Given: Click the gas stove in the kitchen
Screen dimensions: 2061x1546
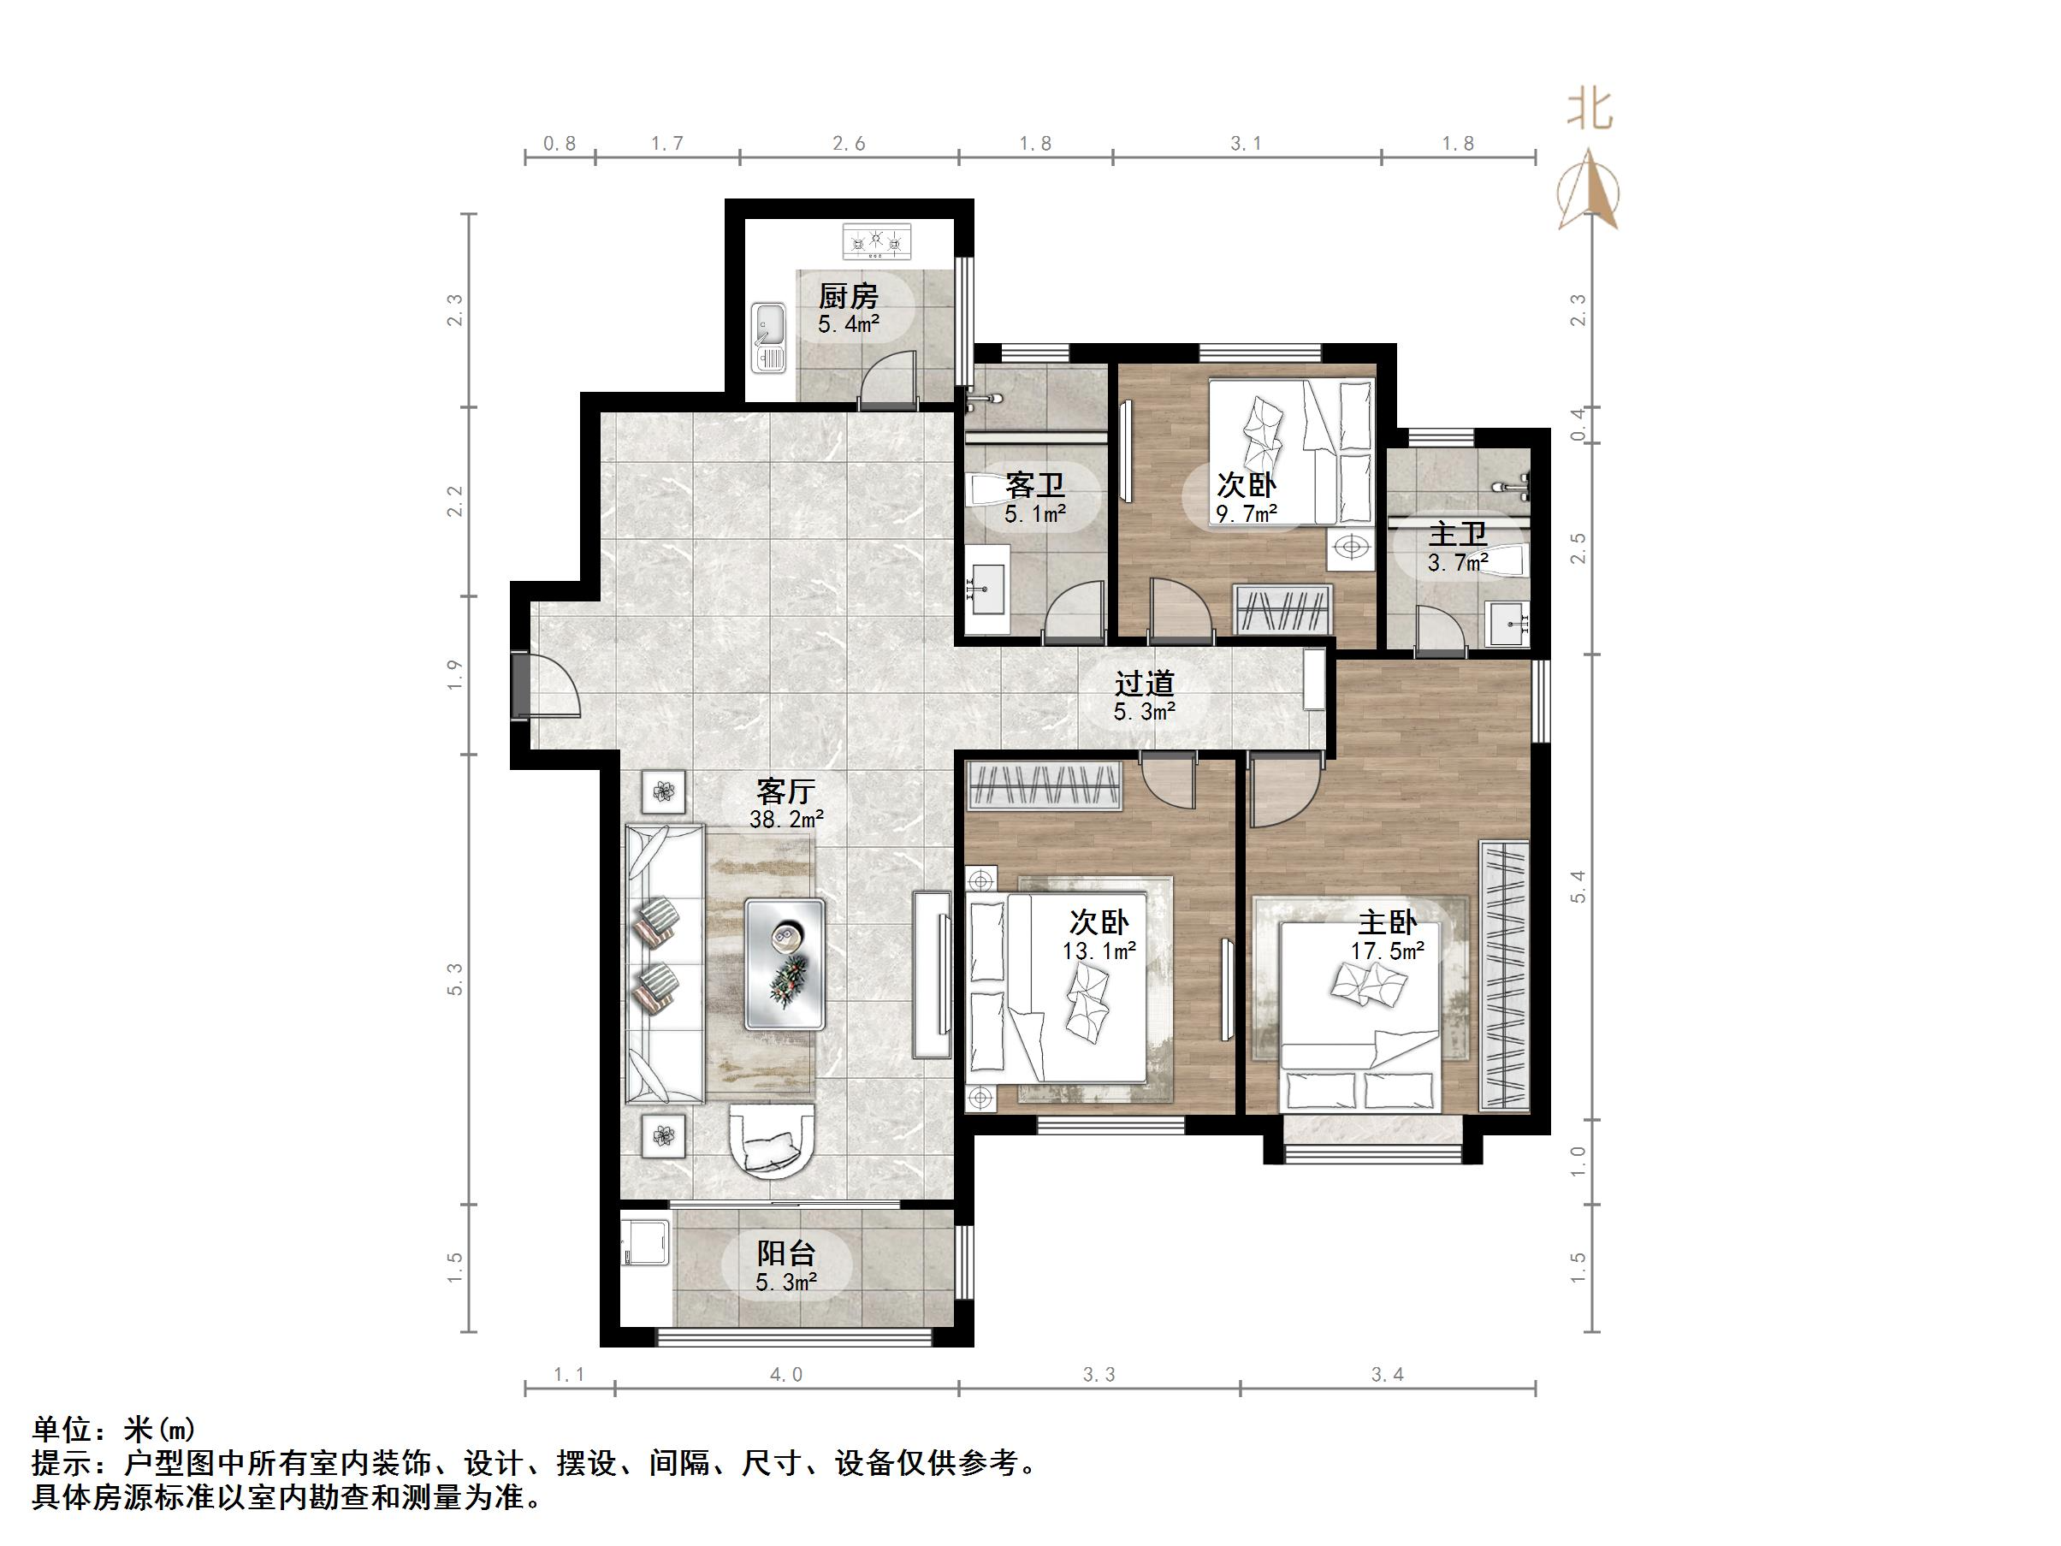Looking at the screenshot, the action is (878, 240).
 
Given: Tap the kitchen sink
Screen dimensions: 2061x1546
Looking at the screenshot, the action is (770, 337).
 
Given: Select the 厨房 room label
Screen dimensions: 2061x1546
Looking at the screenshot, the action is (849, 297).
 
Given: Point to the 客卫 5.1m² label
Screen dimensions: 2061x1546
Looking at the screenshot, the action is (1035, 499).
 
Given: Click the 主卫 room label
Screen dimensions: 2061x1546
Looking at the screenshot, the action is (1458, 535).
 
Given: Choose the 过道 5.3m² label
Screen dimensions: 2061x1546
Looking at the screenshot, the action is (1144, 697).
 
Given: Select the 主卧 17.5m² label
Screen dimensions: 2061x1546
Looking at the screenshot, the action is (1388, 937).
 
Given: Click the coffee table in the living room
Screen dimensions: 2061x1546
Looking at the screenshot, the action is (785, 963).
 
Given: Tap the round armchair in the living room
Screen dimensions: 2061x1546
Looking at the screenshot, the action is (772, 1140).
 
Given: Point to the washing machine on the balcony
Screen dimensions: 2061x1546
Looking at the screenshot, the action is (646, 1241).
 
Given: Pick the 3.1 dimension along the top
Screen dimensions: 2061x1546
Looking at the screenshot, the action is (1246, 144).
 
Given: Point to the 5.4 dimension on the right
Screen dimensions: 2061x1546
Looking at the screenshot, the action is (1578, 886).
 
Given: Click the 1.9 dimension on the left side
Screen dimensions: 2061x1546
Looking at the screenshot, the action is (454, 675).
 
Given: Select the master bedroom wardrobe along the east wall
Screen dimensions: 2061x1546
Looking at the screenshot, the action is (1504, 974).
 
